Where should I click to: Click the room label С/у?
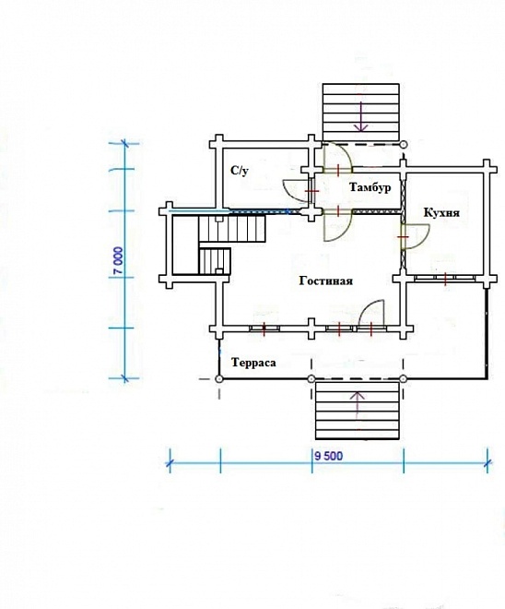tap(240, 171)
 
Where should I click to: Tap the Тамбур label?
tap(370, 187)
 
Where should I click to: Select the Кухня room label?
tap(441, 213)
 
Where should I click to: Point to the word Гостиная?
tap(326, 281)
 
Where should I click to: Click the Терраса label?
tap(253, 363)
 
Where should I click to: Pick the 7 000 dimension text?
tap(119, 260)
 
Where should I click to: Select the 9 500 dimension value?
tap(328, 456)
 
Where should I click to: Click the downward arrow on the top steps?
tap(361, 116)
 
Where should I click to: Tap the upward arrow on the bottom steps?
tap(358, 405)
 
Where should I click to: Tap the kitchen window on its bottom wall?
tap(445, 278)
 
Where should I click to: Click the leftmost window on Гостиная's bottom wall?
tap(264, 328)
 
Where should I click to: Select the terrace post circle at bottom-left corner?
tap(219, 378)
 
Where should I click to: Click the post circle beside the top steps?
tap(404, 145)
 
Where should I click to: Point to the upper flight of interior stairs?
tap(232, 229)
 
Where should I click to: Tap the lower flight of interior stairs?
tap(215, 261)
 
